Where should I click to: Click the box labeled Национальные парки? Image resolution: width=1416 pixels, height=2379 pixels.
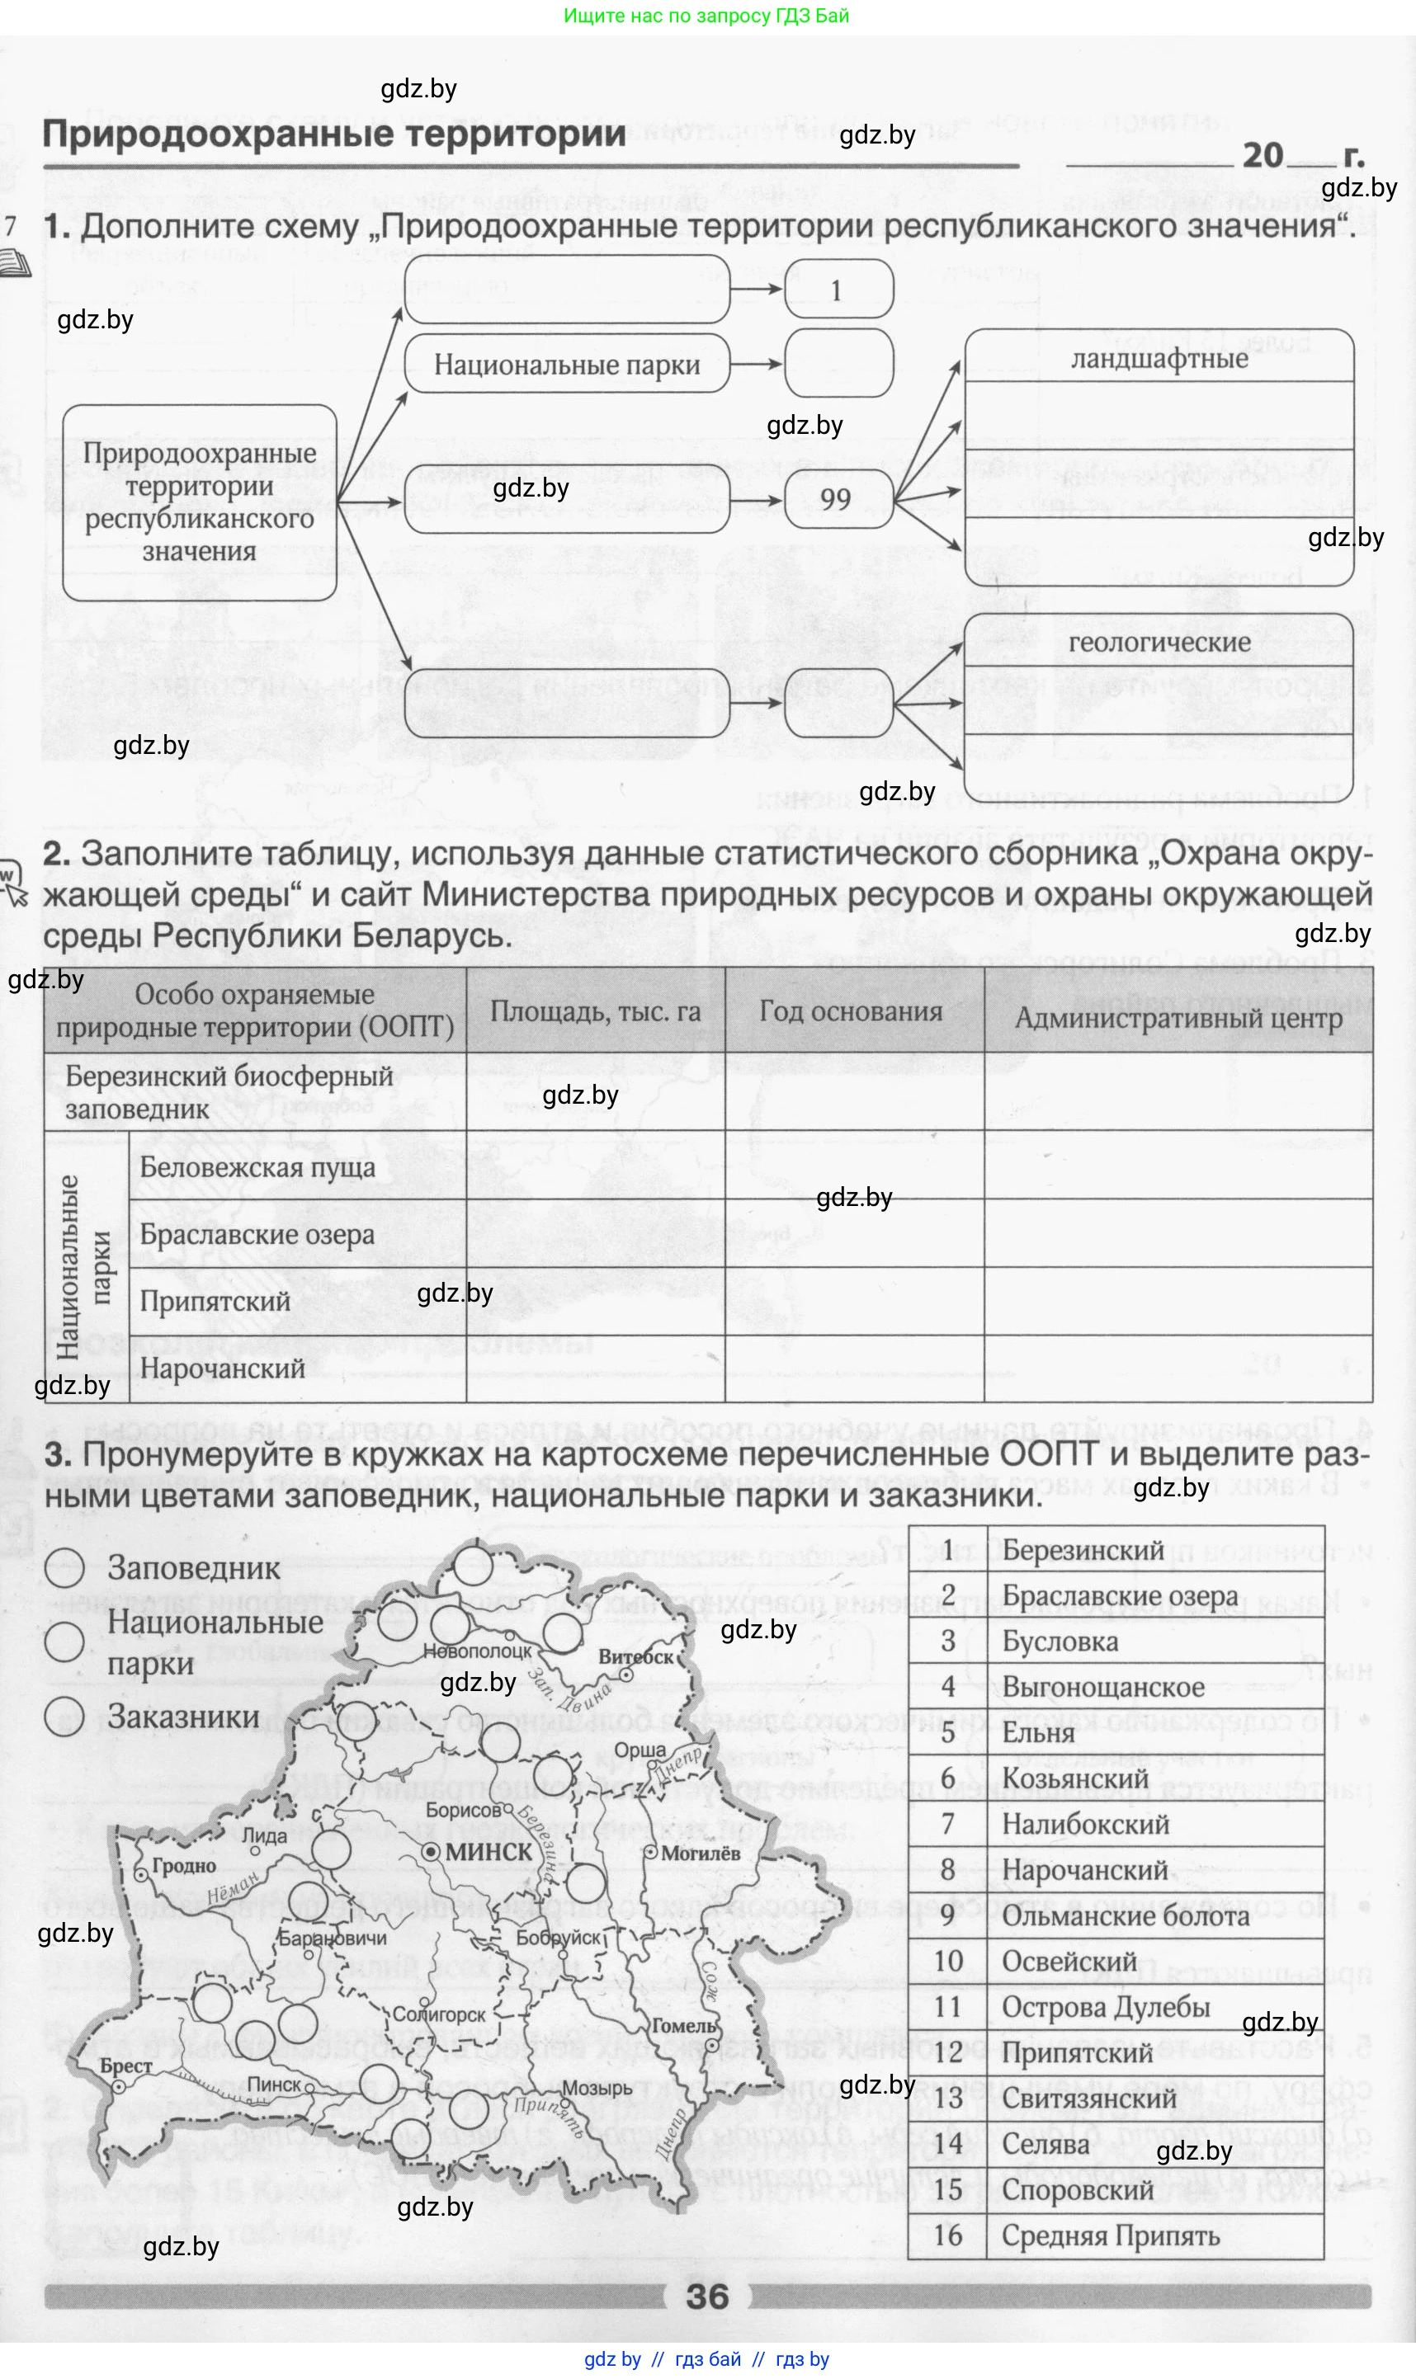click(567, 365)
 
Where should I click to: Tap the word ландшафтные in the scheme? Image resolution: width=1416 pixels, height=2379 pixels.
click(1159, 359)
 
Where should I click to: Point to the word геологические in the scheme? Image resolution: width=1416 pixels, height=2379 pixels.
click(1159, 643)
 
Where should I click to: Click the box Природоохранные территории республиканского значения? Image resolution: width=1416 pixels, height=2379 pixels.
click(200, 502)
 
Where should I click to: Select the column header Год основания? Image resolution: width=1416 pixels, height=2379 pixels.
click(850, 1011)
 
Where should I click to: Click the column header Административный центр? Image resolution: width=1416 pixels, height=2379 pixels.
click(1178, 1018)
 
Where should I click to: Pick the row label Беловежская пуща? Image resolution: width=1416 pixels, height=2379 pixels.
click(257, 1167)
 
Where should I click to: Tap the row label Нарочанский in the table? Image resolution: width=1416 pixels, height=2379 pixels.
click(221, 1369)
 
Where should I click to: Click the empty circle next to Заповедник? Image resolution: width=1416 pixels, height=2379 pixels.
click(65, 1567)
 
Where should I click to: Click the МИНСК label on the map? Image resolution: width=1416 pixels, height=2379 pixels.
click(488, 1850)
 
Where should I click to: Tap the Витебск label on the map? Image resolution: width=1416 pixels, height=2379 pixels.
click(635, 1657)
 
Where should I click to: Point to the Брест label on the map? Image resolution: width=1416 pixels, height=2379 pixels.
click(126, 2066)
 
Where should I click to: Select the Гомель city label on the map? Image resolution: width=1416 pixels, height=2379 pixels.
click(683, 2025)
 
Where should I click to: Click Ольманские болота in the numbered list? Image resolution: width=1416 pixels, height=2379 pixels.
click(1125, 1915)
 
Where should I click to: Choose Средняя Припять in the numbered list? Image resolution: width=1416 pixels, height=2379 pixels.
click(1110, 2235)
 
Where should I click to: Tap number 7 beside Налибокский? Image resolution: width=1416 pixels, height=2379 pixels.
click(947, 1824)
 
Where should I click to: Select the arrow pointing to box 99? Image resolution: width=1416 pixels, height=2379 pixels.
click(756, 500)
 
